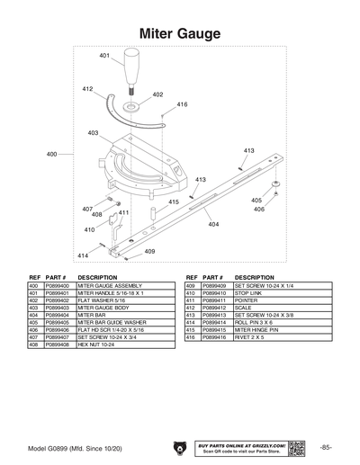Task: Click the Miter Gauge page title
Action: [180, 33]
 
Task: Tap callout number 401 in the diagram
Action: [104, 56]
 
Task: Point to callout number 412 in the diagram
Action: [87, 89]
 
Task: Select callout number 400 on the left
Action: [51, 154]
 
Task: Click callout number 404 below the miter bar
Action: [213, 224]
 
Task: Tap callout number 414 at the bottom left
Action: [83, 255]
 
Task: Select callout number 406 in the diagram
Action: [257, 209]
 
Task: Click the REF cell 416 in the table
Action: [190, 336]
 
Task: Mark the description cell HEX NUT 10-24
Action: [96, 344]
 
